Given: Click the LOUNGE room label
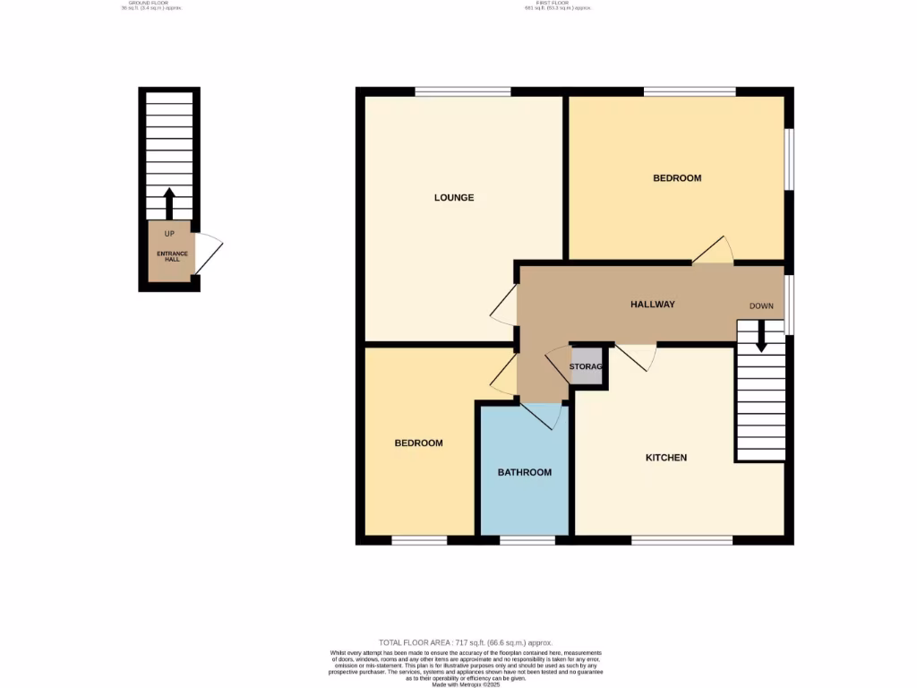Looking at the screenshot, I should pos(454,197).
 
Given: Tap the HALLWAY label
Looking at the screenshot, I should pos(652,305).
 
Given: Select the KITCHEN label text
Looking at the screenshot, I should pos(666,458).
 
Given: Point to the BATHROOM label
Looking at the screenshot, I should pos(525,472).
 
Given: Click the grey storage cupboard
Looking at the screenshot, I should pos(587,367).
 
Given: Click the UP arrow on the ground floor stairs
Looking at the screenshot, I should pos(169,203).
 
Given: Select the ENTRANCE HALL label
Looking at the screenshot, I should pos(173,255).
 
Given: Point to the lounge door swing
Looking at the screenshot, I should pos(504,305).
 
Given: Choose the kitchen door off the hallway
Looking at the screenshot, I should pos(637,357).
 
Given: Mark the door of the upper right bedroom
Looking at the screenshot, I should pos(714,252).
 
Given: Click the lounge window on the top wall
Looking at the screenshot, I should pos(462,91).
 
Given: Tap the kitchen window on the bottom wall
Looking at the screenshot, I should pos(681,540).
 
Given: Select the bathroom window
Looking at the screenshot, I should pos(527,540).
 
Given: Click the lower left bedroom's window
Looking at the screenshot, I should pos(419,540).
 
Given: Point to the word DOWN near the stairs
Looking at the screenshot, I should pos(761,306).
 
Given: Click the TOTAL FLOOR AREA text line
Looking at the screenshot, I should pos(466,643).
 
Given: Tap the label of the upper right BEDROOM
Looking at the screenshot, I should pos(677,178).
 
